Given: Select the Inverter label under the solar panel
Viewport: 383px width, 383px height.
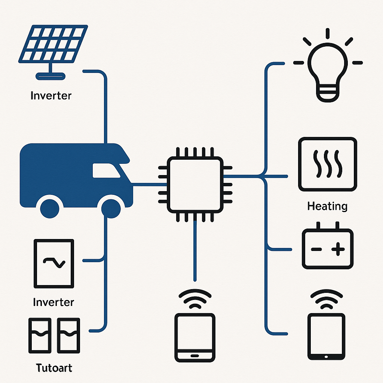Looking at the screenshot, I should point(51,95).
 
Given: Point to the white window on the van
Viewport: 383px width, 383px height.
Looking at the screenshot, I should point(106,171).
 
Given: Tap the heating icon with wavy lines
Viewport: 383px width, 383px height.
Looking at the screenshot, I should point(327,164).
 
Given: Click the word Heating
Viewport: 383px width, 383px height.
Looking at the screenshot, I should point(327,206).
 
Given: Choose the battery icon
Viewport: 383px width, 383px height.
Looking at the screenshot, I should point(327,248).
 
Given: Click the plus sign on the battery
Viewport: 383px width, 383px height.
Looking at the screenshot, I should point(338,249).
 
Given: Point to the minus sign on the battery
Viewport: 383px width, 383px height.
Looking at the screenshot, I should point(316,249).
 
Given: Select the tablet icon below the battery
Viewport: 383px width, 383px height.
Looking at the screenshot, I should point(326,337).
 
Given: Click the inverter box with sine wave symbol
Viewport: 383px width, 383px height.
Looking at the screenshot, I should point(54,263).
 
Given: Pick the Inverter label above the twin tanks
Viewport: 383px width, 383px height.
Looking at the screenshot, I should point(53,302).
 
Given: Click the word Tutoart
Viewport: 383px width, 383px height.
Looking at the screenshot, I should point(54,368).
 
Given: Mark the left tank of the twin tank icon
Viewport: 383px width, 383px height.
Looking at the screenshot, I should point(40,336).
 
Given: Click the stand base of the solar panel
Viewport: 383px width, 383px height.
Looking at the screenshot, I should point(50,76).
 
